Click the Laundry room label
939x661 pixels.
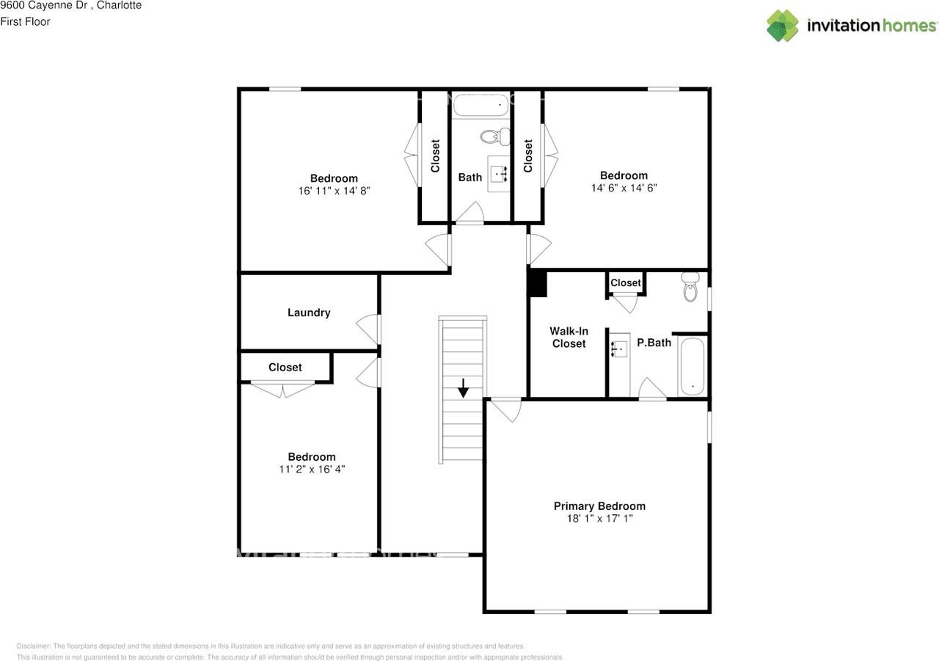[x=309, y=313]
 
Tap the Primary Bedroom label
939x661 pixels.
[x=599, y=506]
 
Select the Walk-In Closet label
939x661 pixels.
[x=569, y=337]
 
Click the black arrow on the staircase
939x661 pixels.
[x=463, y=387]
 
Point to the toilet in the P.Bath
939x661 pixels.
[x=690, y=287]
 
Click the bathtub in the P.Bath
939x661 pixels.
[x=692, y=367]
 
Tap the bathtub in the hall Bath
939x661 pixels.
[x=481, y=105]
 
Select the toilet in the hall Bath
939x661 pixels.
[x=495, y=136]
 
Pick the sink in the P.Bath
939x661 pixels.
[x=620, y=348]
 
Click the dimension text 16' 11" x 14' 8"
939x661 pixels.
[x=334, y=191]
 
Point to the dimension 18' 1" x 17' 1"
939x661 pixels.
[x=599, y=519]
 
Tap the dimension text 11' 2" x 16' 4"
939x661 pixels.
[x=312, y=470]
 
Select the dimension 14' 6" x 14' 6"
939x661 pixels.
[x=624, y=189]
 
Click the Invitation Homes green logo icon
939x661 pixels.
[x=783, y=26]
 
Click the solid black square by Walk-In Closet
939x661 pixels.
[x=538, y=284]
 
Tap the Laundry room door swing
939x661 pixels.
[x=368, y=329]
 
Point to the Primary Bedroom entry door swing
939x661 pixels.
[x=506, y=410]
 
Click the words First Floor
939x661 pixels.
[x=25, y=22]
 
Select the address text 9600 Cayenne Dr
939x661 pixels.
[x=43, y=5]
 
